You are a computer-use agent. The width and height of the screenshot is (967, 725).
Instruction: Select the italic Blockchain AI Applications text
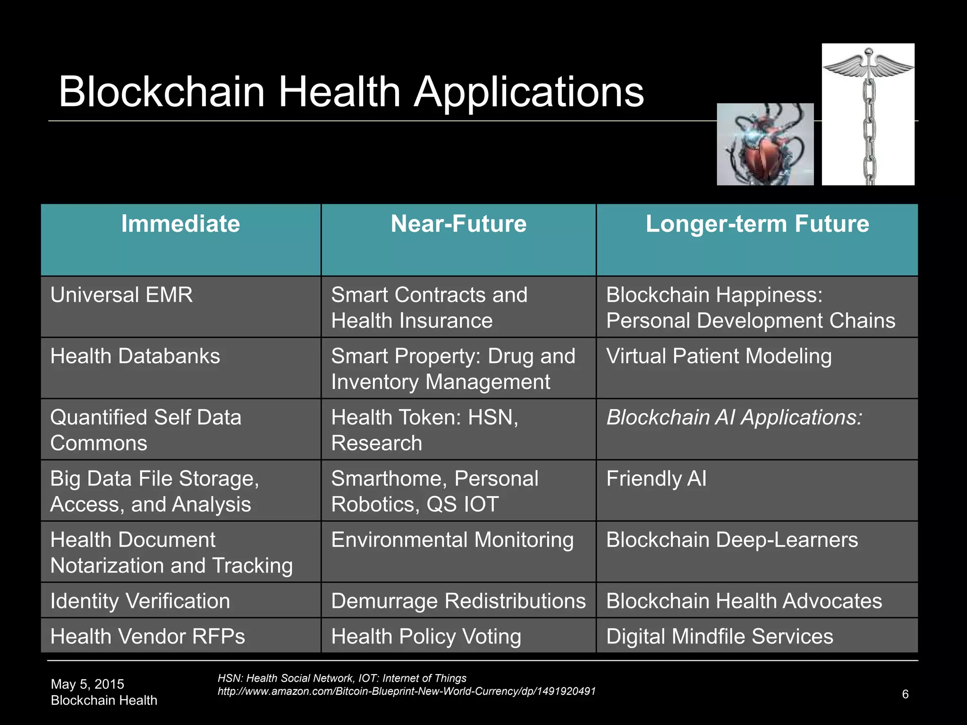tap(734, 418)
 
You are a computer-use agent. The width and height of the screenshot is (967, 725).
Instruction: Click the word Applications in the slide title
tap(529, 93)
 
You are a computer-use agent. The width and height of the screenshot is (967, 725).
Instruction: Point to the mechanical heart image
tap(765, 144)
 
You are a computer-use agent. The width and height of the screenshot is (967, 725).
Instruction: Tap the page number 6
tap(905, 694)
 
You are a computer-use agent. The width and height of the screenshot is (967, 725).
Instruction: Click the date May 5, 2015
tap(87, 684)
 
